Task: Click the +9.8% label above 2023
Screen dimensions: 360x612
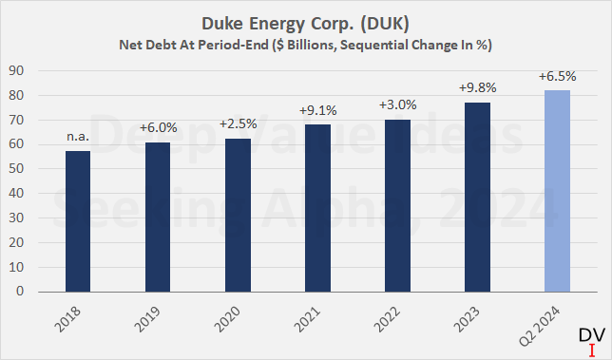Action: tap(477, 88)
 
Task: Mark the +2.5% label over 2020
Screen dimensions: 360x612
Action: tap(239, 124)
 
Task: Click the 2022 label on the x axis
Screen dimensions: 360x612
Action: tap(392, 319)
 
